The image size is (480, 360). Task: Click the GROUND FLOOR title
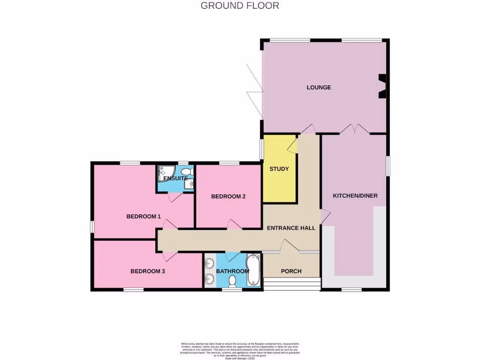240,6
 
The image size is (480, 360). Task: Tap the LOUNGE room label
319,87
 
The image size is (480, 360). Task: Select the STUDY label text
279,169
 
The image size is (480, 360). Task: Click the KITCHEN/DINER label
355,195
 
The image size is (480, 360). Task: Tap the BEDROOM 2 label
228,196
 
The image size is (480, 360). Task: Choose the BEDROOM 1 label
143,217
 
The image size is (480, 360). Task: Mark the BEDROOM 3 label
147,271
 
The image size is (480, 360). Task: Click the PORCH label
291,271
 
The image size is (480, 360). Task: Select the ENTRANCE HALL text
291,228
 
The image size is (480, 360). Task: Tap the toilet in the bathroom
232,280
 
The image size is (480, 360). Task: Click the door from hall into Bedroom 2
234,224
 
